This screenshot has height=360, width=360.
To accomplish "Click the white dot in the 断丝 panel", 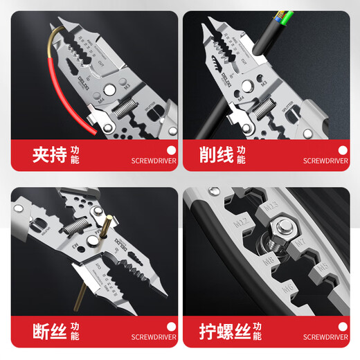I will coord(169,325).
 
